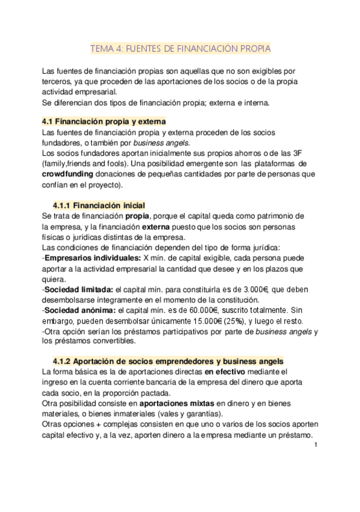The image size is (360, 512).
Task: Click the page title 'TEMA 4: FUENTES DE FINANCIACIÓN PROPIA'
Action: (179, 47)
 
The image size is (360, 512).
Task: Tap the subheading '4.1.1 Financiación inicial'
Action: (98, 205)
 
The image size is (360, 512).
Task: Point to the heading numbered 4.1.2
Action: (168, 361)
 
